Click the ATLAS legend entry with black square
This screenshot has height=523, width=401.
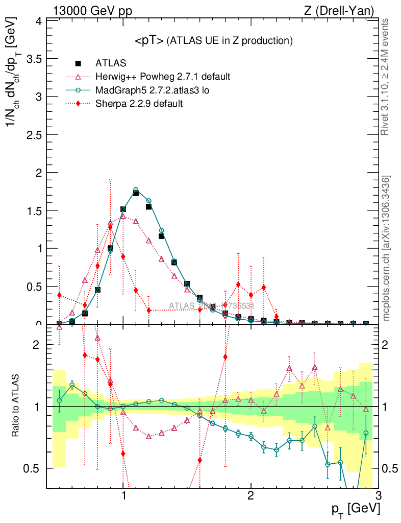click(x=78, y=64)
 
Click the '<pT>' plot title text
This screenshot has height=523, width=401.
click(x=149, y=41)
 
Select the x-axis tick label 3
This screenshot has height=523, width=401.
click(x=378, y=496)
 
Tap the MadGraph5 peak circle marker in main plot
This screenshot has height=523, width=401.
click(x=136, y=190)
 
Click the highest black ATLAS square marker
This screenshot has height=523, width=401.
click(x=136, y=193)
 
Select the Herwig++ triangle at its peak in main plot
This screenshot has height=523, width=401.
click(x=123, y=216)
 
